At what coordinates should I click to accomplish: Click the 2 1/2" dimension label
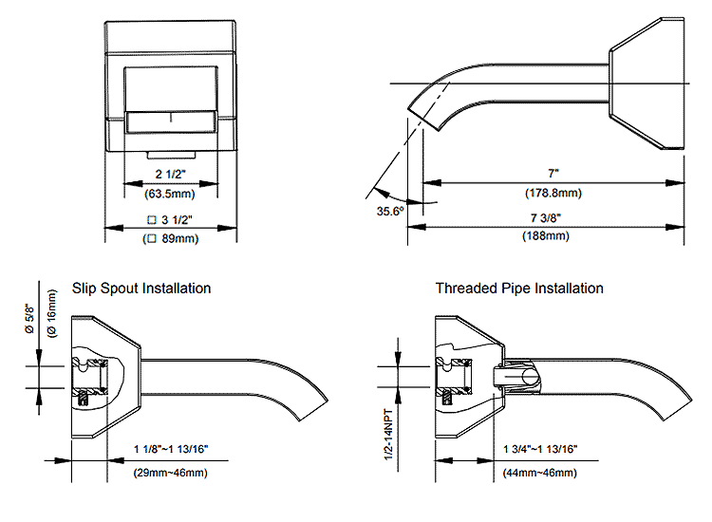point(171,175)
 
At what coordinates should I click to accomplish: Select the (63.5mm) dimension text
point(171,195)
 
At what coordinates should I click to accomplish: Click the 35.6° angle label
point(389,211)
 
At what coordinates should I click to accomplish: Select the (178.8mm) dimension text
point(553,193)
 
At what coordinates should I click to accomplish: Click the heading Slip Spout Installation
point(141,288)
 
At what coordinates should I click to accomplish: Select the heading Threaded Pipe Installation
point(519,288)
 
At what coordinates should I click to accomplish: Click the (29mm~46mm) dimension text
point(171,473)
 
